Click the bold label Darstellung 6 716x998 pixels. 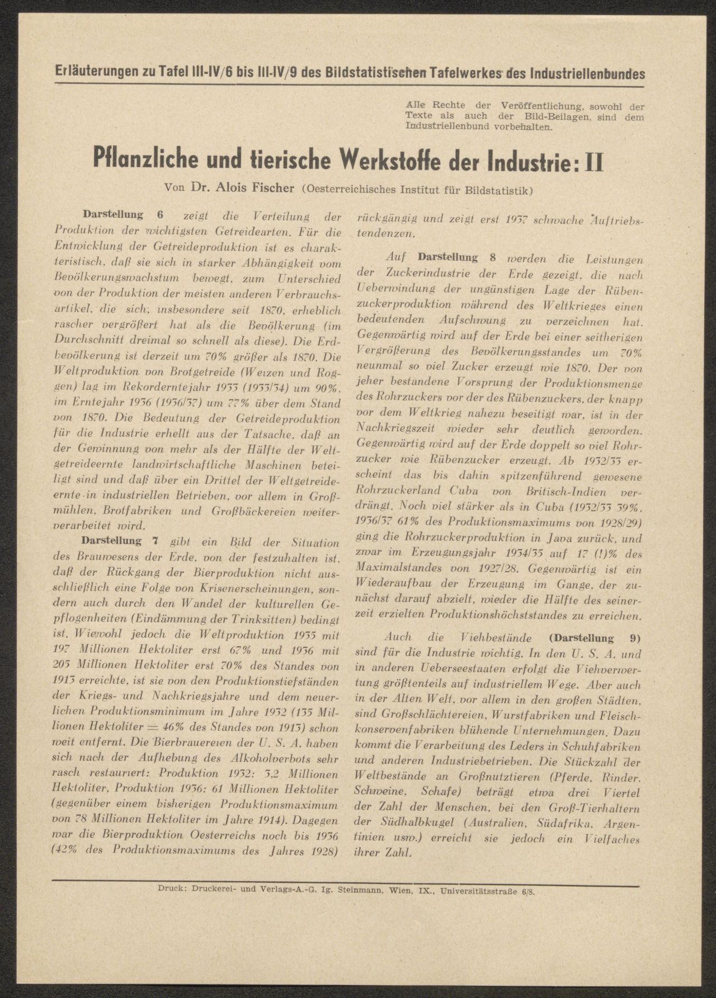[x=122, y=215]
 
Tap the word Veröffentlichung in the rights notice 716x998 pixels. [x=540, y=106]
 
